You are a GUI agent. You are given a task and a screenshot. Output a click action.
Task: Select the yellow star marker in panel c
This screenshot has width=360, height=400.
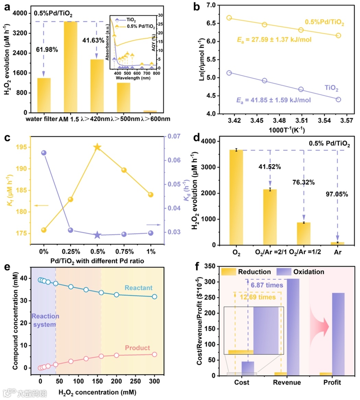click(97, 147)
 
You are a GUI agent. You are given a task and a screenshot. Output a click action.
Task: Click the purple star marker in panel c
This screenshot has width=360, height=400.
click(97, 235)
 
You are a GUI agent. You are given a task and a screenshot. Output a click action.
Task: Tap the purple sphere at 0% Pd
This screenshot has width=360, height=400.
click(44, 153)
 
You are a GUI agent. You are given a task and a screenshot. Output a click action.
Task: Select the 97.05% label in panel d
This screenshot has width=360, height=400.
click(337, 194)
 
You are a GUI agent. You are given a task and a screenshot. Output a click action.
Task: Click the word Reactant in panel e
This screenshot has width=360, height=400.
click(138, 288)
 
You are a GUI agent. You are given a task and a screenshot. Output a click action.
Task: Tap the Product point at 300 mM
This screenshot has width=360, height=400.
click(154, 354)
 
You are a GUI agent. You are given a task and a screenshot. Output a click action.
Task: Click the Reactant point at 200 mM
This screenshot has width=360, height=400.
click(116, 295)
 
